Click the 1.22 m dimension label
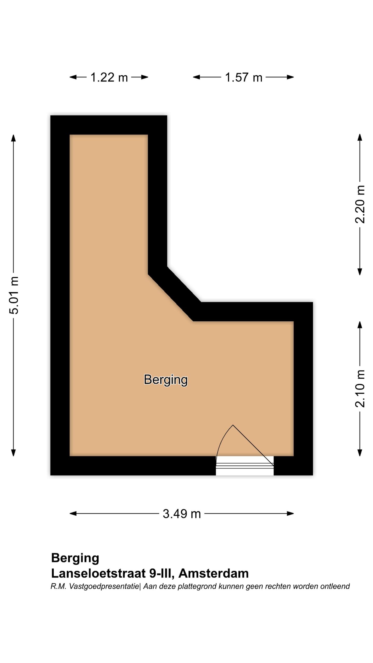click(109, 77)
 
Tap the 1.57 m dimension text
click(243, 77)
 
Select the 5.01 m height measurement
click(14, 295)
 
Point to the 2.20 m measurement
click(360, 204)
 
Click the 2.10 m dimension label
click(360, 388)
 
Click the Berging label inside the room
click(166, 380)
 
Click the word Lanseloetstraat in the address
click(98, 573)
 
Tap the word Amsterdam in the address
click(213, 573)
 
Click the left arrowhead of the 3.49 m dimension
click(73, 514)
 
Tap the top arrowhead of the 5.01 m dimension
click(13, 138)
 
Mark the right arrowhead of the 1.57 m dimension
click(290, 77)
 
